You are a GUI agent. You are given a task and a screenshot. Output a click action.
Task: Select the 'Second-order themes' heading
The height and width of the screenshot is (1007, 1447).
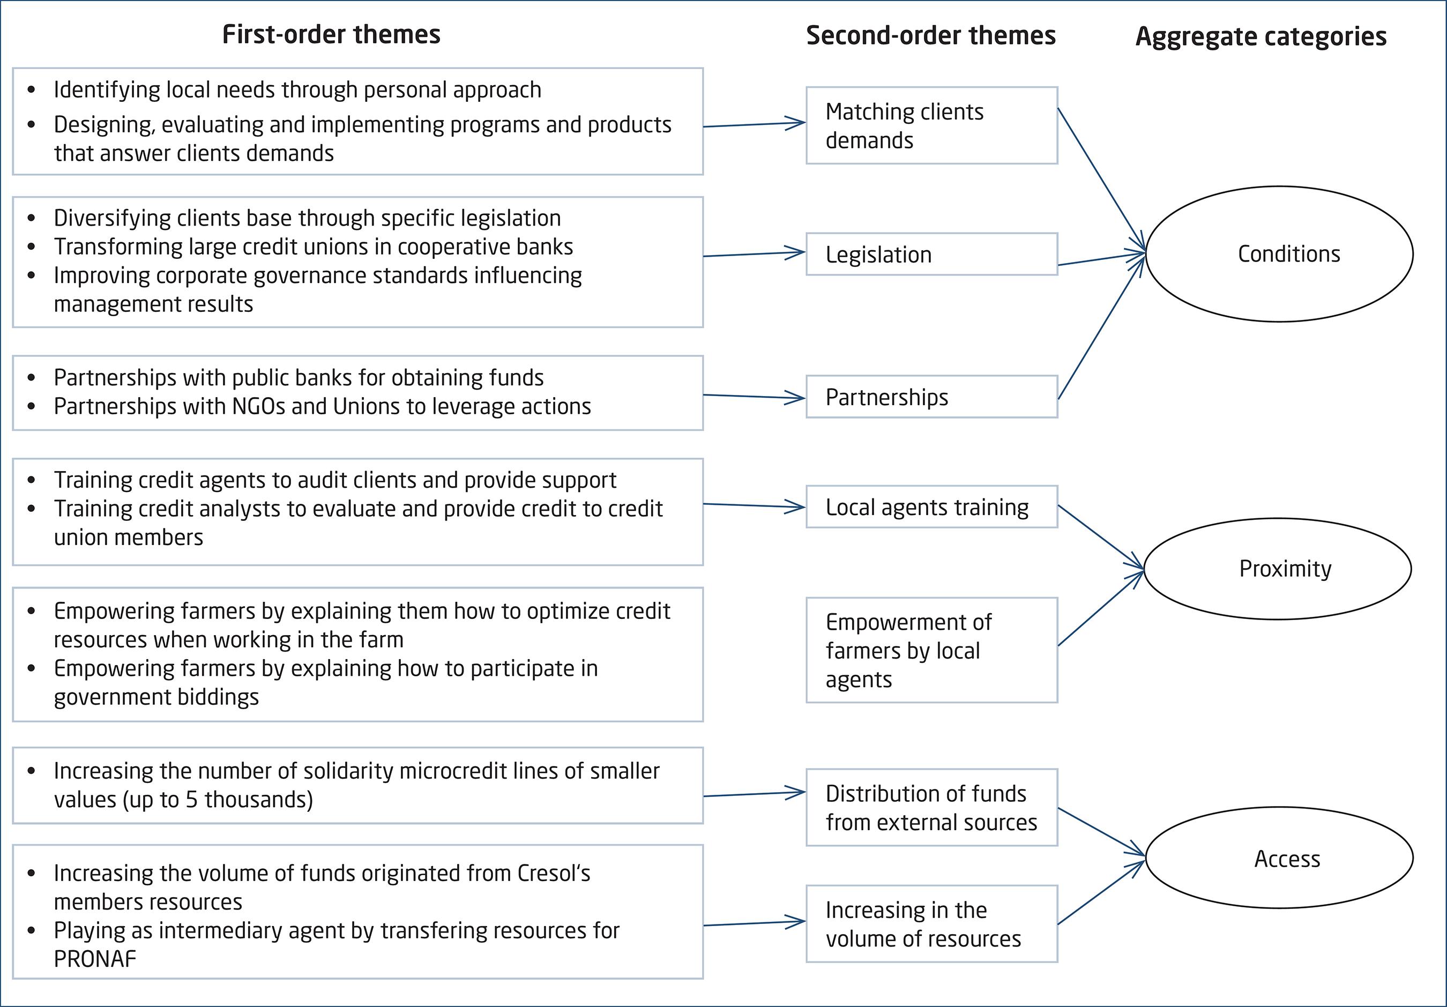pos(930,36)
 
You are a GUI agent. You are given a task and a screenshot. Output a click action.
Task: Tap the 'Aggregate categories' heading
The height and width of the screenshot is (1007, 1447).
pos(1260,36)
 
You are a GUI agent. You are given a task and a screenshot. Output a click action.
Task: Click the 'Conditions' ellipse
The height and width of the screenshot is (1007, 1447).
pos(1279,254)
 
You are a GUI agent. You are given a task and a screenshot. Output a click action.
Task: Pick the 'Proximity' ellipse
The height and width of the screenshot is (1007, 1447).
pos(1278,569)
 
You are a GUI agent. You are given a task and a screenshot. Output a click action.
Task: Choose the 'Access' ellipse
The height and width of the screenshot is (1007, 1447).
pos(1279,859)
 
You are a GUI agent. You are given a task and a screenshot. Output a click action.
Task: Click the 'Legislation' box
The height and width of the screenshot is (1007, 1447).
pos(931,255)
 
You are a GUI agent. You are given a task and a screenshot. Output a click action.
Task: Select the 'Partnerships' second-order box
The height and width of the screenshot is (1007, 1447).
pos(931,397)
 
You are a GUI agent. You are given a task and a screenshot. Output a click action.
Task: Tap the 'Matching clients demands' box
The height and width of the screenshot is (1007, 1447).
pos(931,126)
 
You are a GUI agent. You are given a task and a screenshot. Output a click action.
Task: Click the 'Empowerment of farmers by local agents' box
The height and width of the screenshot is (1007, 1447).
pos(931,650)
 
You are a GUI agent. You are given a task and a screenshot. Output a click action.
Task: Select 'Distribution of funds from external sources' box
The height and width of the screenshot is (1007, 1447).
pos(931,808)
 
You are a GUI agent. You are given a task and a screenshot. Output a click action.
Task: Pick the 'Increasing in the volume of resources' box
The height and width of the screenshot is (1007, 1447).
pos(931,924)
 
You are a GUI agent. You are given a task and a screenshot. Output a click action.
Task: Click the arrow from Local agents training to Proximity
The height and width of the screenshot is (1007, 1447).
pos(1100,536)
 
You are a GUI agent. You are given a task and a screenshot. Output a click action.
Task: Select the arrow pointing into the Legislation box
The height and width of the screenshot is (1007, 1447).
pos(754,255)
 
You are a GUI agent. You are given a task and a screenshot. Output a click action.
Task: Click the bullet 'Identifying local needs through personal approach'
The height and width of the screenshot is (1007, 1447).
pos(297,90)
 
